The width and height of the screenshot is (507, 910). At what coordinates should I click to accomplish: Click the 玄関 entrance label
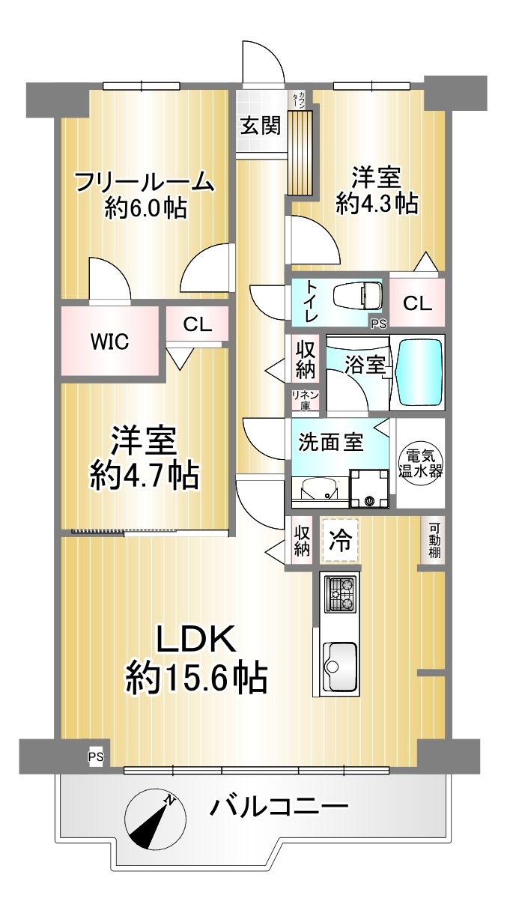(261, 125)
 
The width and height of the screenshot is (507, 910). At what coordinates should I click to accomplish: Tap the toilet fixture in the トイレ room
(357, 294)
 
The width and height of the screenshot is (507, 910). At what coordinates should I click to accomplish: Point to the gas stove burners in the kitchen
(341, 593)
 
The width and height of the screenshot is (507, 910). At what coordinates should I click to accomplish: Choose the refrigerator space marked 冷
(340, 541)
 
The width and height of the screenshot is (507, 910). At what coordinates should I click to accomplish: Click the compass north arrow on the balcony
(151, 821)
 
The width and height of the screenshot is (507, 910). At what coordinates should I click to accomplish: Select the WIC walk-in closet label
(109, 342)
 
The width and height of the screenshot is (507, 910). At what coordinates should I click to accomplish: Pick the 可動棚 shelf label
(434, 540)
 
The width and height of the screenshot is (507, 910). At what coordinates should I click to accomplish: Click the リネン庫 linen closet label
(305, 400)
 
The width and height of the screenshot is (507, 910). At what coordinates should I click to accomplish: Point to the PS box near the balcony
(97, 757)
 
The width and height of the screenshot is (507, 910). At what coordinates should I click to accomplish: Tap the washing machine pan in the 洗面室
(369, 488)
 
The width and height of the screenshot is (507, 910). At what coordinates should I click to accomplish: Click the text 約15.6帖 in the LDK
(196, 679)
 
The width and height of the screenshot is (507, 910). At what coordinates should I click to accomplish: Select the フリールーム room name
(145, 182)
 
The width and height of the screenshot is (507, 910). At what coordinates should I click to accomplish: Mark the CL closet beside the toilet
(417, 303)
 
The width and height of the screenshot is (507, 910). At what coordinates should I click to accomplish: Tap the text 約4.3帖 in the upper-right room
(377, 203)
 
